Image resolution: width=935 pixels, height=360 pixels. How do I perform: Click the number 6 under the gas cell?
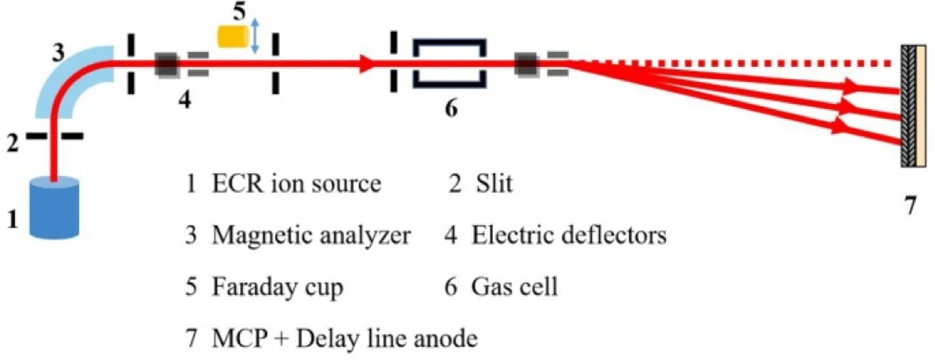click(450, 108)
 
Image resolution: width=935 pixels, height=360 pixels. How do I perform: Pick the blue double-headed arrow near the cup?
click(255, 35)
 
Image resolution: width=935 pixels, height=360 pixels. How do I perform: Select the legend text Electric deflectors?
click(570, 236)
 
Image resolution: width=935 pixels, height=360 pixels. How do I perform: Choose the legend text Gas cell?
click(515, 288)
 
